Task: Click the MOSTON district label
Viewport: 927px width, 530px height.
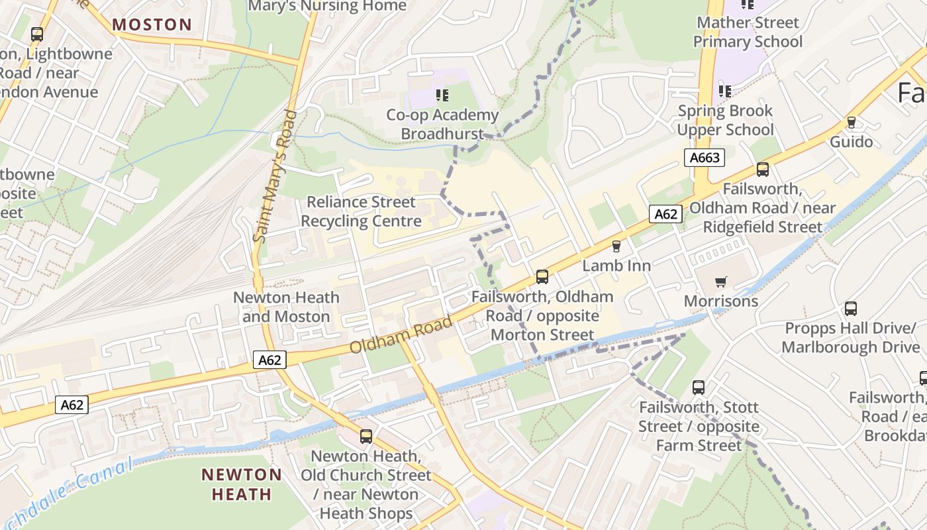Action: click(x=152, y=25)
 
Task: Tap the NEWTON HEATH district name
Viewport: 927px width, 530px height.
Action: click(x=242, y=484)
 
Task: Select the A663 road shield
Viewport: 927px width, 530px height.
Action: click(x=704, y=158)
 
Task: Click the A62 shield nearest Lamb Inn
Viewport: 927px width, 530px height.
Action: click(x=665, y=214)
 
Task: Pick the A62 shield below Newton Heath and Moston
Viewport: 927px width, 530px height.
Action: click(x=269, y=360)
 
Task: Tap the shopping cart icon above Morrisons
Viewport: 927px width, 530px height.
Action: click(x=721, y=282)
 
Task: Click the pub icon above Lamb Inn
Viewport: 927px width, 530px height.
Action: click(x=616, y=246)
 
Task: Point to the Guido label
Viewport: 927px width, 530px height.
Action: click(x=851, y=142)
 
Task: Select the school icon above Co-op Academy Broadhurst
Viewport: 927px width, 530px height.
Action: click(x=442, y=95)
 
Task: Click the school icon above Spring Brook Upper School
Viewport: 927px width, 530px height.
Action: click(x=725, y=91)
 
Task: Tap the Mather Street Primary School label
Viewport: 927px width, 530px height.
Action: click(x=748, y=32)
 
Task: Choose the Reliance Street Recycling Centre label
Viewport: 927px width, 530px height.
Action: click(x=361, y=211)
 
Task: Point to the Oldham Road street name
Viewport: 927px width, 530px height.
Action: click(x=401, y=335)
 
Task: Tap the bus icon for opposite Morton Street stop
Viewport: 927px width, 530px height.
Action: click(x=542, y=276)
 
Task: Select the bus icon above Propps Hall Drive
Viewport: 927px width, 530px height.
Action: click(x=851, y=309)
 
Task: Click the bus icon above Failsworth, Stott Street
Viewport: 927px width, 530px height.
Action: click(x=699, y=388)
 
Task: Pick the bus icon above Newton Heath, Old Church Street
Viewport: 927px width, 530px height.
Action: click(x=366, y=437)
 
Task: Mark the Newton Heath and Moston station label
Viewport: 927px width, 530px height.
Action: click(x=286, y=307)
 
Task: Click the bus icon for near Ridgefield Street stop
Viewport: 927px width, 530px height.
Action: click(x=763, y=170)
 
